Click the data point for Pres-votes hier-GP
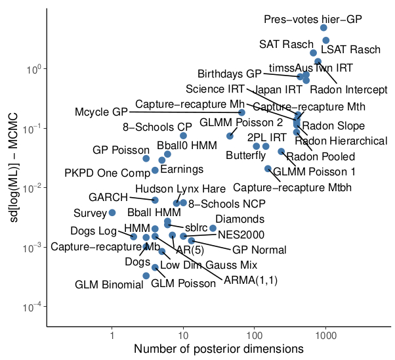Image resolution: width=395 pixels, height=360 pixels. tap(323, 28)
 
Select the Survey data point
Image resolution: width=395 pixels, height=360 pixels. tap(112, 213)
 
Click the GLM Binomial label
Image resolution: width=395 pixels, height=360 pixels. tap(105, 284)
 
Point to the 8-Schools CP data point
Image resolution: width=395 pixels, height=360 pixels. tap(184, 136)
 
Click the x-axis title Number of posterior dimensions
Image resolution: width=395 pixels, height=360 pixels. tap(218, 348)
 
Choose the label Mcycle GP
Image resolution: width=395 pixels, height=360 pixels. tap(101, 112)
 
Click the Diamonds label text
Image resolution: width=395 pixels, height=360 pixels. tap(240, 219)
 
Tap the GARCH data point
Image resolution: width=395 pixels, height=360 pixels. tap(155, 200)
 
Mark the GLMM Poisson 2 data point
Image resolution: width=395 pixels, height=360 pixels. tap(230, 136)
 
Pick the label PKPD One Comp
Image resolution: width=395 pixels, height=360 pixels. tap(108, 173)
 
